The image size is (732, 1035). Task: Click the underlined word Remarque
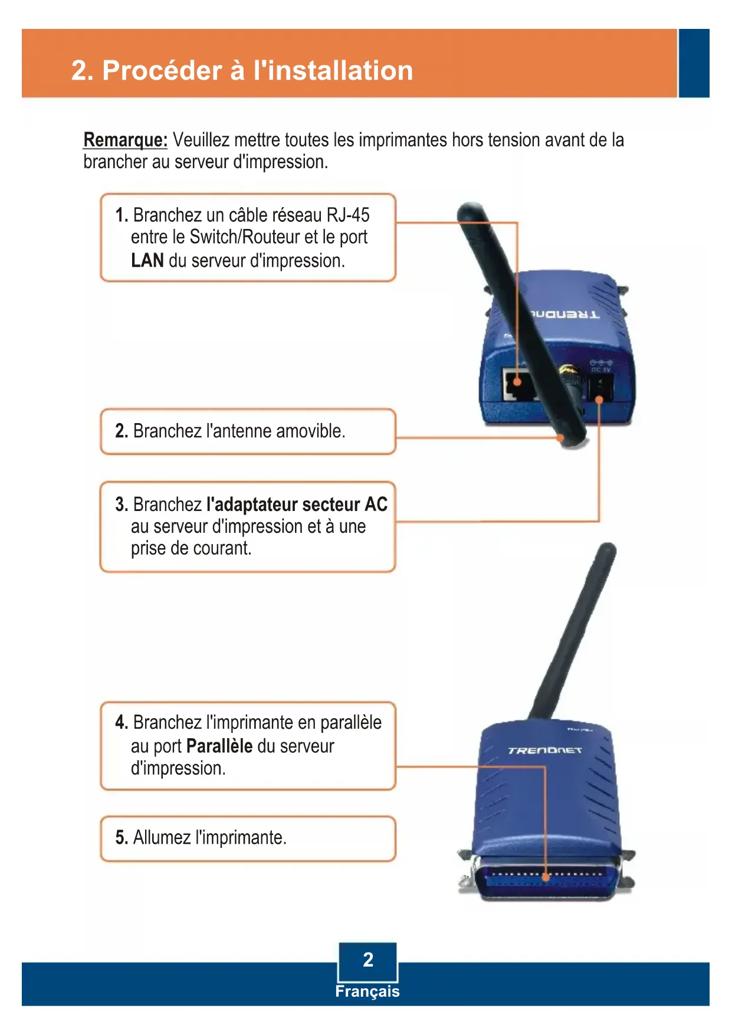pyautogui.click(x=125, y=140)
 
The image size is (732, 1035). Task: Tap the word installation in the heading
pyautogui.click(x=333, y=70)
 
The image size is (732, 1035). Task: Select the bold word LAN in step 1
pyautogui.click(x=147, y=260)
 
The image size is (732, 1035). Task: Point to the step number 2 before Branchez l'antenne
pyautogui.click(x=121, y=431)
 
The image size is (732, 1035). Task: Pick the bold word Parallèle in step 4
pyautogui.click(x=219, y=746)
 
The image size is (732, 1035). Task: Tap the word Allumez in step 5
pyautogui.click(x=161, y=837)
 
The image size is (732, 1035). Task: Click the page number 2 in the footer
pyautogui.click(x=368, y=959)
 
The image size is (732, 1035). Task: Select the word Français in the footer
pyautogui.click(x=367, y=991)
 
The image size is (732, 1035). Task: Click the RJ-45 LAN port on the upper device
pyautogui.click(x=518, y=384)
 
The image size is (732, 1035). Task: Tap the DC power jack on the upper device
pyautogui.click(x=600, y=389)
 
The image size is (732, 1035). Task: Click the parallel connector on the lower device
pyautogui.click(x=546, y=879)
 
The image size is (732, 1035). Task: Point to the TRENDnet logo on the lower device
pyautogui.click(x=544, y=750)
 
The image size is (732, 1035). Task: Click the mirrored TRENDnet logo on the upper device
pyautogui.click(x=564, y=315)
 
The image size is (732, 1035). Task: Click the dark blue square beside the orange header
pyautogui.click(x=694, y=63)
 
